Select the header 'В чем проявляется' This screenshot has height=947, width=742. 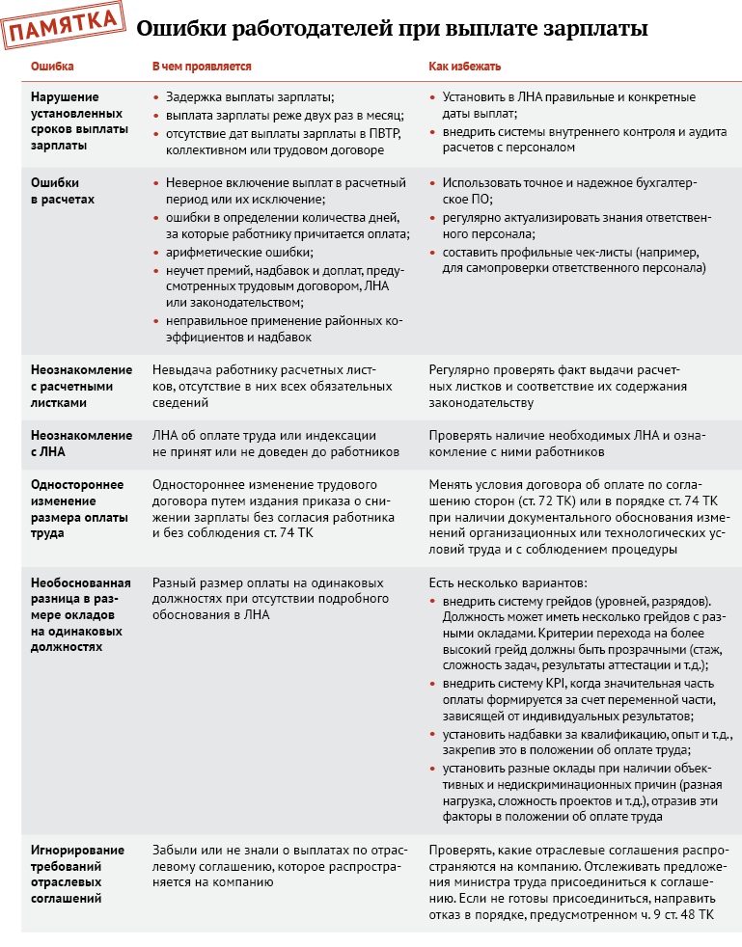pos(202,68)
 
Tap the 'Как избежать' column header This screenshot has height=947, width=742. pos(465,68)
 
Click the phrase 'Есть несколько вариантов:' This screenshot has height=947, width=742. pos(503,583)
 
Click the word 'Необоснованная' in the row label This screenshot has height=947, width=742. pos(79,583)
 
